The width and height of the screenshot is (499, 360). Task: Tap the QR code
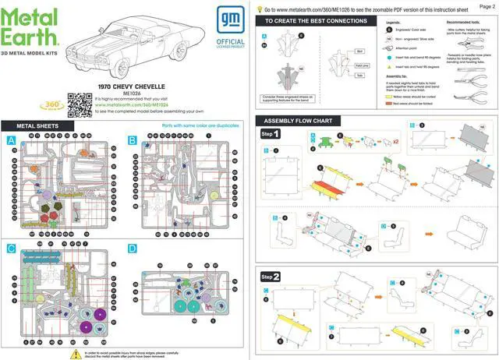76,101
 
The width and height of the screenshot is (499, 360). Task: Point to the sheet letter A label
11,140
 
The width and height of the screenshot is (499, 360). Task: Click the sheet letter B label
133,140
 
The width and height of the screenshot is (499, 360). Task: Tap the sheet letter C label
11,249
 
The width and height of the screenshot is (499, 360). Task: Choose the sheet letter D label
133,249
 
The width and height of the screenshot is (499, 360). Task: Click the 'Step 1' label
271,134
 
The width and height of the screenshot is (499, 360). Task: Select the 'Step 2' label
271,277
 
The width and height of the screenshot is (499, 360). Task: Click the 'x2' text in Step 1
397,142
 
